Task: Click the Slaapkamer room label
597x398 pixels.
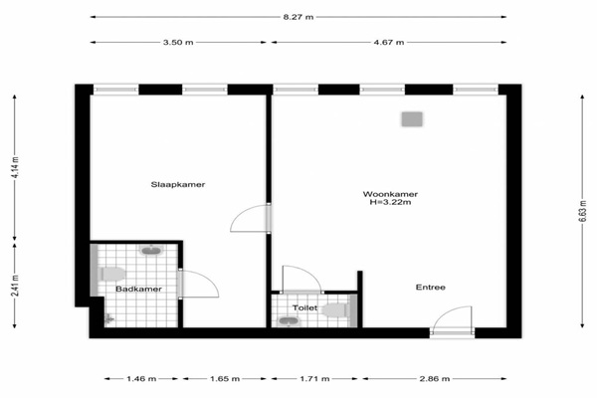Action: pyautogui.click(x=178, y=185)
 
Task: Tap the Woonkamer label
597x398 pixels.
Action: pyautogui.click(x=390, y=194)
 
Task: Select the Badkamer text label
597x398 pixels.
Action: pyautogui.click(x=138, y=290)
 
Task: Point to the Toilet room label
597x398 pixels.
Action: pyautogui.click(x=304, y=307)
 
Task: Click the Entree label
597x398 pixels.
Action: pyautogui.click(x=430, y=288)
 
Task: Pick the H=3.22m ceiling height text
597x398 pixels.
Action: pyautogui.click(x=390, y=202)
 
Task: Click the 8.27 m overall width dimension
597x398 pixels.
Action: pyautogui.click(x=298, y=17)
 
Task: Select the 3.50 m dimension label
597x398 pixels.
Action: pyautogui.click(x=178, y=42)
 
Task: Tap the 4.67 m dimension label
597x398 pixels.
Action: pyautogui.click(x=389, y=42)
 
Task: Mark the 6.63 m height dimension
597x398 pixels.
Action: pyautogui.click(x=582, y=211)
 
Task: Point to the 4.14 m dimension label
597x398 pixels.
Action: pyautogui.click(x=15, y=167)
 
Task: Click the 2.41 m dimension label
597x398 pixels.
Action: pyautogui.click(x=15, y=286)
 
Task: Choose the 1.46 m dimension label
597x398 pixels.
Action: pyautogui.click(x=141, y=378)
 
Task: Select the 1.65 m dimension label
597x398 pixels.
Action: pyautogui.click(x=225, y=378)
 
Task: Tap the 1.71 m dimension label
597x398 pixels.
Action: pyautogui.click(x=314, y=378)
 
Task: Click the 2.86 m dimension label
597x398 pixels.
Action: pyautogui.click(x=435, y=378)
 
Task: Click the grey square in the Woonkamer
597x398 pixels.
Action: pyautogui.click(x=412, y=119)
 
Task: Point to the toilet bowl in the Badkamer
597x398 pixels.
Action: pyautogui.click(x=112, y=275)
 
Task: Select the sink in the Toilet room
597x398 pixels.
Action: pyautogui.click(x=289, y=321)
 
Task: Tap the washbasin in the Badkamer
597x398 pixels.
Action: pyautogui.click(x=151, y=250)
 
